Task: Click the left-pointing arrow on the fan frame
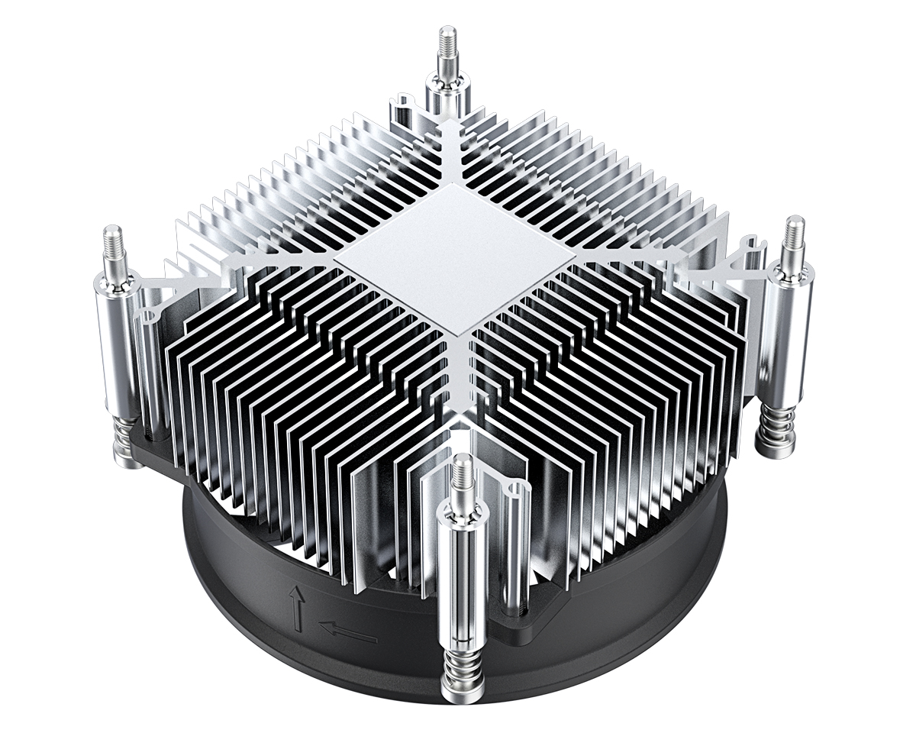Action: pos(347,631)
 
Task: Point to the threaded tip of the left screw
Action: pos(114,244)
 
